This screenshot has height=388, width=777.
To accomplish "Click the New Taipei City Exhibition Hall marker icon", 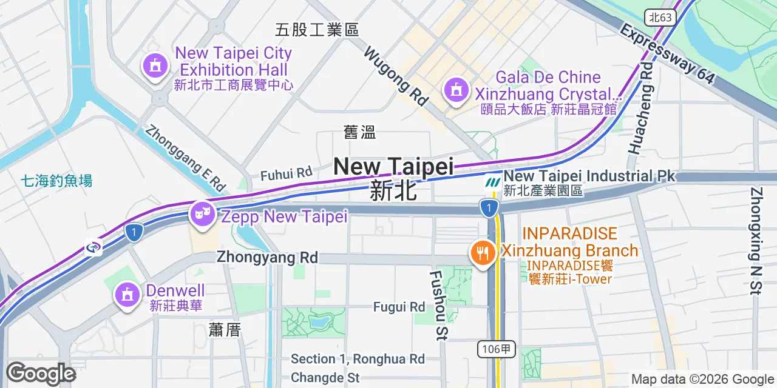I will (156, 65).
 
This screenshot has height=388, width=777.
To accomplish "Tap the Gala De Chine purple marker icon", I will (455, 91).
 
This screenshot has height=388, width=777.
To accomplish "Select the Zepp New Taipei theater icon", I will (202, 213).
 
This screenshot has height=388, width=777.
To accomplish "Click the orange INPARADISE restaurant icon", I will (483, 252).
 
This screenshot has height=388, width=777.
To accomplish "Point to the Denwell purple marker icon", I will (127, 295).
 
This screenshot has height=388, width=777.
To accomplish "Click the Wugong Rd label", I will (396, 77).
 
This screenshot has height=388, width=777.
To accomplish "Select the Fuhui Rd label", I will (286, 175).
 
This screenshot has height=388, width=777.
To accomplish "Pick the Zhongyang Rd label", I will (267, 257).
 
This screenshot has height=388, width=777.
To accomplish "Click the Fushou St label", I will (438, 304).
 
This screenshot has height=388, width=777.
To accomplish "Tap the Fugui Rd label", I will (399, 307).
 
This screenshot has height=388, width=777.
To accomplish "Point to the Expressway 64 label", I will (667, 55).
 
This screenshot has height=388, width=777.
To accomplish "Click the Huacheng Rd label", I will (642, 107).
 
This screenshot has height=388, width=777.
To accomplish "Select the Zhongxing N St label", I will (756, 241).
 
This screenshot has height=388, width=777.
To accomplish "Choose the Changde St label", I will (325, 378).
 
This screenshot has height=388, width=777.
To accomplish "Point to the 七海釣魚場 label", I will (56, 181).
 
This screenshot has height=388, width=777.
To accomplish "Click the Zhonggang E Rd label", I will (186, 158).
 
